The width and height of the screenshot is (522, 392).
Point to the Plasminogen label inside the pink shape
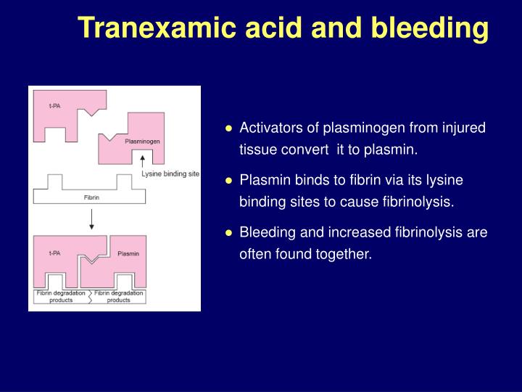pyautogui.click(x=142, y=141)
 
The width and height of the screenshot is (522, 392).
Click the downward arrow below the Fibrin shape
pyautogui.click(x=91, y=220)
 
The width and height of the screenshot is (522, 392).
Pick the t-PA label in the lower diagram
pyautogui.click(x=54, y=253)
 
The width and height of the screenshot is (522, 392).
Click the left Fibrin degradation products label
pyautogui.click(x=61, y=296)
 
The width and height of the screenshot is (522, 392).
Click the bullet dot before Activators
pyautogui.click(x=228, y=128)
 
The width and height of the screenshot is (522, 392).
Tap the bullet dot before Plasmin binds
pyautogui.click(x=228, y=180)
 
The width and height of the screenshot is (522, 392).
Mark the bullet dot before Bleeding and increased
pyautogui.click(x=228, y=233)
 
